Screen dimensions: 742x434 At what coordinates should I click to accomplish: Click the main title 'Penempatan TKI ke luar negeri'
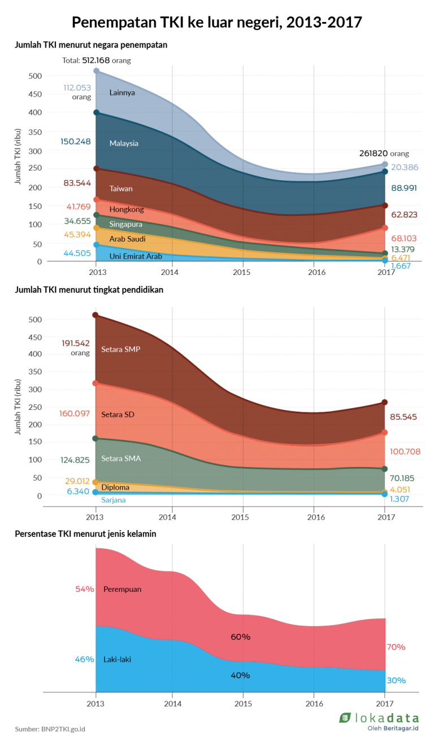click(216, 22)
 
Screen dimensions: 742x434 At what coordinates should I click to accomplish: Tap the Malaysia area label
click(124, 143)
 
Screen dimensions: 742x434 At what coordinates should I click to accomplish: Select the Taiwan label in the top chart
click(121, 189)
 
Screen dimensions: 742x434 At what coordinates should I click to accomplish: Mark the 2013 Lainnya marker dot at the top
click(96, 71)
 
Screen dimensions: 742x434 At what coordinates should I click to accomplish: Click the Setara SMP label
click(120, 349)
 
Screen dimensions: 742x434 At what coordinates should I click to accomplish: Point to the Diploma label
click(115, 487)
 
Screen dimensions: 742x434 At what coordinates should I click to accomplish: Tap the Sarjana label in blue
click(114, 500)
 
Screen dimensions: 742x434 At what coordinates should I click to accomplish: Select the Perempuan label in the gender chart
click(122, 589)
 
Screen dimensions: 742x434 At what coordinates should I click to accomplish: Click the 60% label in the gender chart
click(240, 637)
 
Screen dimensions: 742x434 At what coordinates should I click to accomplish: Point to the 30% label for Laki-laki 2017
click(396, 680)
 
